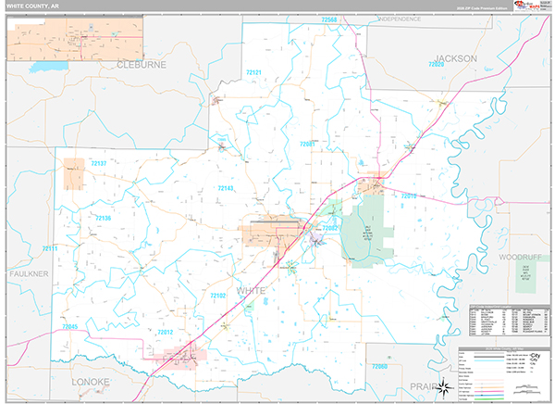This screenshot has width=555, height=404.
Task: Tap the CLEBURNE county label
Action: [x=142, y=66]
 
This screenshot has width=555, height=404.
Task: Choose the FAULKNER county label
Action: [x=28, y=274]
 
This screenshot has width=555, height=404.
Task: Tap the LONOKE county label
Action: [x=90, y=381]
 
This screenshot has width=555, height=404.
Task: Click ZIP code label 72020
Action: [x=437, y=64]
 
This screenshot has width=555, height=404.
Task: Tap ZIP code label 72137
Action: [x=98, y=164]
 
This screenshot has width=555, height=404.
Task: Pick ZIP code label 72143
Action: [x=227, y=188]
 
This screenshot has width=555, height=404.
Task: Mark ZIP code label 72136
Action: [x=103, y=219]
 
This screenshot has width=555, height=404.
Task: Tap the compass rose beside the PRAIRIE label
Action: [x=443, y=386]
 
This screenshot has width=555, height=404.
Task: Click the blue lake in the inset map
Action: [x=43, y=67]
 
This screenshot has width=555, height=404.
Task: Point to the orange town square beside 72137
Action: [x=73, y=174]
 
